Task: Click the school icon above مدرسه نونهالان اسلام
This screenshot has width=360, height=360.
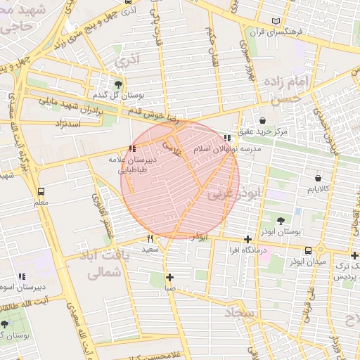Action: click(226, 139)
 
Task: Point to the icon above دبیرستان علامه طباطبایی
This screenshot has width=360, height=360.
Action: click(132, 148)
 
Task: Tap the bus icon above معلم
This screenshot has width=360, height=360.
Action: click(41, 191)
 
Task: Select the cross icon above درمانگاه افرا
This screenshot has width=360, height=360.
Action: click(247, 240)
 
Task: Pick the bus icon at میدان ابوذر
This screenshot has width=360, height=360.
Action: click(308, 250)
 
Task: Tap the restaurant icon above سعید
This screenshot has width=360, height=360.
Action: click(150, 239)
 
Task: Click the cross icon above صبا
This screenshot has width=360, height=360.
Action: click(169, 276)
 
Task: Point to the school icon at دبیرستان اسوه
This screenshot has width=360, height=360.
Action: click(22, 276)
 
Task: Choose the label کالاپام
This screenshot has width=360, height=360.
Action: click(320, 189)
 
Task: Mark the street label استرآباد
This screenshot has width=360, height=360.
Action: click(67, 124)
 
